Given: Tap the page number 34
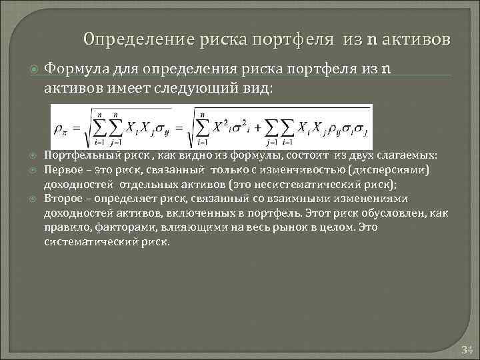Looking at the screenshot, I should point(466,350).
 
